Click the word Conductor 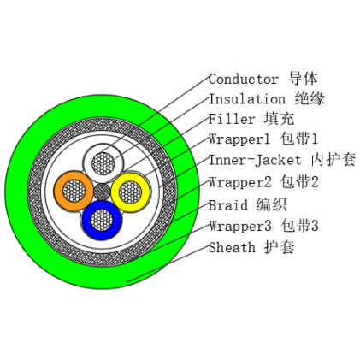(x=243, y=80)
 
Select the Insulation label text (x=247, y=99)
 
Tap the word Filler (x=232, y=119)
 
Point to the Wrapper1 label (x=239, y=139)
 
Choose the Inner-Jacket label (x=255, y=160)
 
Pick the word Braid (x=227, y=205)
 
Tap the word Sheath (x=232, y=247)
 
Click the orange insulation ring (x=58, y=191)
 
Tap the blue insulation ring (x=86, y=220)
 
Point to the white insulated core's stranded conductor (x=103, y=163)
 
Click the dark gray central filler (x=103, y=192)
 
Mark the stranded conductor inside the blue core (x=102, y=220)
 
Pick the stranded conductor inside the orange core (x=74, y=191)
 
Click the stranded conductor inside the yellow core (x=131, y=192)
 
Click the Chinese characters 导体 (x=304, y=79)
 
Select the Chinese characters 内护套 (x=333, y=160)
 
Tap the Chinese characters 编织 (x=271, y=205)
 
